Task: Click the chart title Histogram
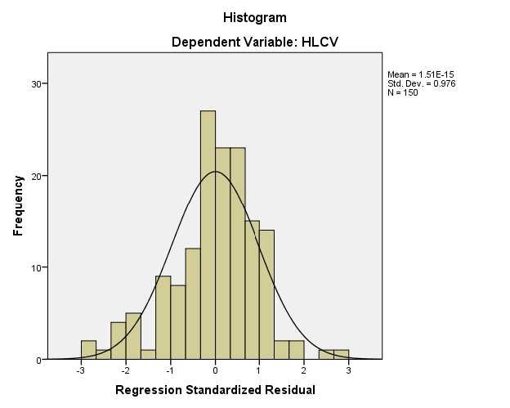coord(254,16)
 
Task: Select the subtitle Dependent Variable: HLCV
coord(254,42)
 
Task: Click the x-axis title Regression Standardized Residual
coord(215,390)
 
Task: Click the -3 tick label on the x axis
coord(80,370)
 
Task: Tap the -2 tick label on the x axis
coord(125,370)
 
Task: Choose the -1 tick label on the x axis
coord(170,370)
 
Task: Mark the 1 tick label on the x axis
coord(259,370)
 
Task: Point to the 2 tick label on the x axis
coord(304,370)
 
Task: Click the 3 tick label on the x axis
coord(348,370)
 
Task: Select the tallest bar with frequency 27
coord(208,237)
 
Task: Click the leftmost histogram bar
coord(88,350)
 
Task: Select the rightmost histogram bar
coord(342,355)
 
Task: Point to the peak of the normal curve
coord(215,172)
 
